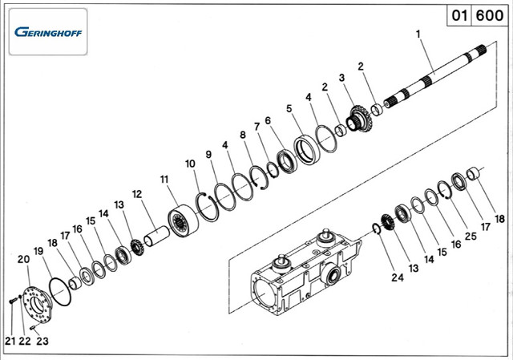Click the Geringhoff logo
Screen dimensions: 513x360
coord(48,32)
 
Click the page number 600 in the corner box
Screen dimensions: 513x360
coord(490,15)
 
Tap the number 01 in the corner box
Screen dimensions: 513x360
coord(459,15)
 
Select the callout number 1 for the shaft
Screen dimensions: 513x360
coord(418,34)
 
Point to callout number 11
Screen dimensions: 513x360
coord(164,180)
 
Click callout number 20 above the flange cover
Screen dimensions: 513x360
coord(23,259)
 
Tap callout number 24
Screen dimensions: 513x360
coord(398,277)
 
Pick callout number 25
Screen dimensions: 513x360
coord(471,236)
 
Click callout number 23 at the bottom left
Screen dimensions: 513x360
coord(42,341)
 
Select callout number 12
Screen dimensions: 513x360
coord(137,194)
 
